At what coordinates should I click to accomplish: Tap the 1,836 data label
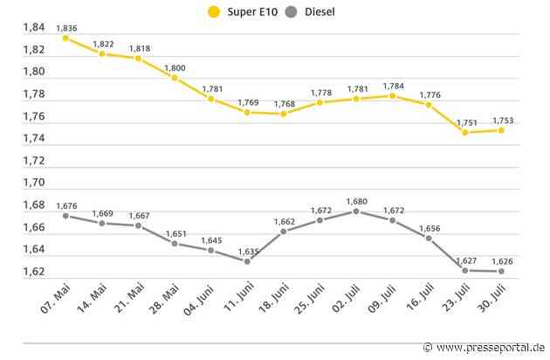66,28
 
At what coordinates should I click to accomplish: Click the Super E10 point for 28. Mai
175,78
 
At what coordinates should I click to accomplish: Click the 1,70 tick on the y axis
32,183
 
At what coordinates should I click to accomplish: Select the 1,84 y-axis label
32,28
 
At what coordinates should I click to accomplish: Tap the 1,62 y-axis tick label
32,272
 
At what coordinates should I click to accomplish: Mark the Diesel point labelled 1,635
247,261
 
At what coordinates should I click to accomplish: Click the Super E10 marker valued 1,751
465,133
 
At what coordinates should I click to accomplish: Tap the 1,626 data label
502,260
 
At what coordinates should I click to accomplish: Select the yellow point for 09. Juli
393,95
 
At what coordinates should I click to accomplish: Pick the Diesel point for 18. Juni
284,232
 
